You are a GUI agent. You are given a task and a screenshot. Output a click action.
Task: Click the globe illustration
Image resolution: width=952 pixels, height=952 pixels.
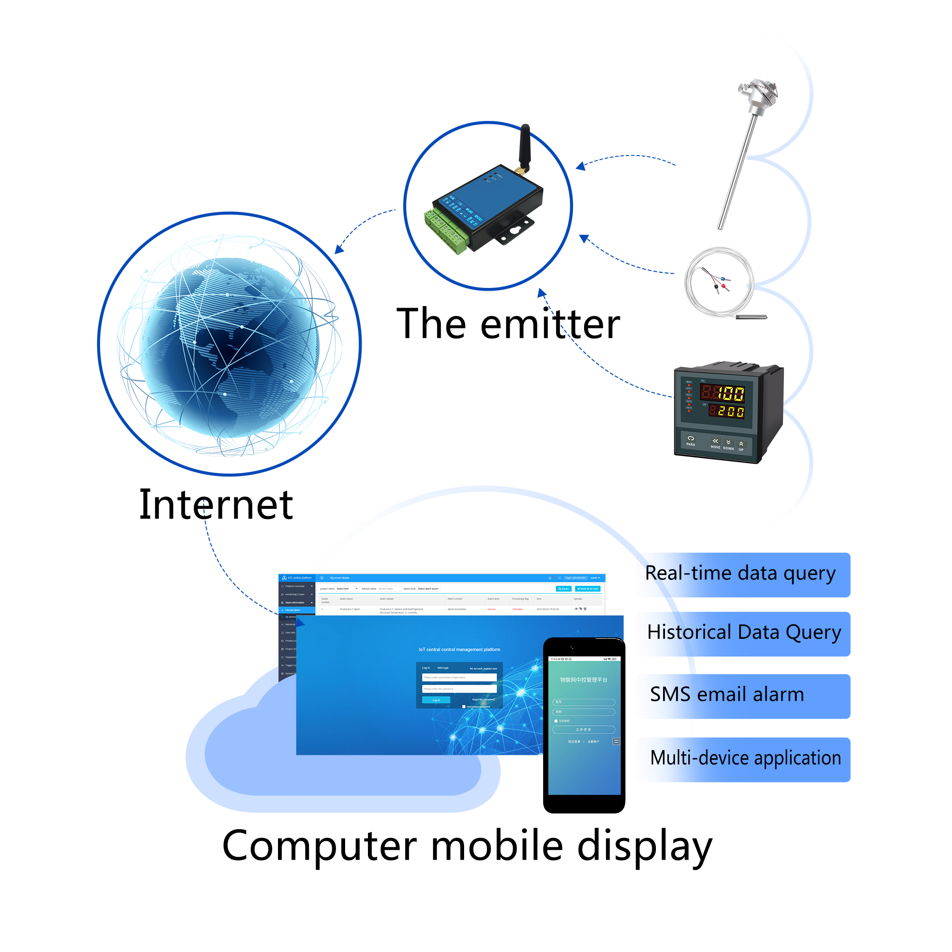[x=229, y=345]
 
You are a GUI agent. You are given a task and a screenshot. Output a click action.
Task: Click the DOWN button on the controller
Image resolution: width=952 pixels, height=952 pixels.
[x=728, y=445]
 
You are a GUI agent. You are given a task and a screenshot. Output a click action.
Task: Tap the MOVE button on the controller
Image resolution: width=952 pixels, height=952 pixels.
[x=715, y=443]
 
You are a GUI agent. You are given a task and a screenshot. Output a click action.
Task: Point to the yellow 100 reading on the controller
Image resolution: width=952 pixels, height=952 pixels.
[x=731, y=393]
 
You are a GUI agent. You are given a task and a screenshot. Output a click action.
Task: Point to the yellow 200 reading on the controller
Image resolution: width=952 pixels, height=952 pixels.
[x=731, y=411]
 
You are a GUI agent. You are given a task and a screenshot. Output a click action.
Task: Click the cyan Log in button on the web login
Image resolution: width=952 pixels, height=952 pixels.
[x=436, y=700]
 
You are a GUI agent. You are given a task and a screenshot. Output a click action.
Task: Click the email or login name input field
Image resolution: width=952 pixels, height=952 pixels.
[x=459, y=677]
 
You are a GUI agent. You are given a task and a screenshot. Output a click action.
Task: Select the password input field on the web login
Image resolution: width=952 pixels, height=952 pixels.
[x=459, y=689]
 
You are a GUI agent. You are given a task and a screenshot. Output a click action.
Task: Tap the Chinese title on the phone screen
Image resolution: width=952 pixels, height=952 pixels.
[x=584, y=680]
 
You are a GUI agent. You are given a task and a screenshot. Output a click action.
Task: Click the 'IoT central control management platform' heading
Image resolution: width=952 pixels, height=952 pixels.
[x=459, y=649]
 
